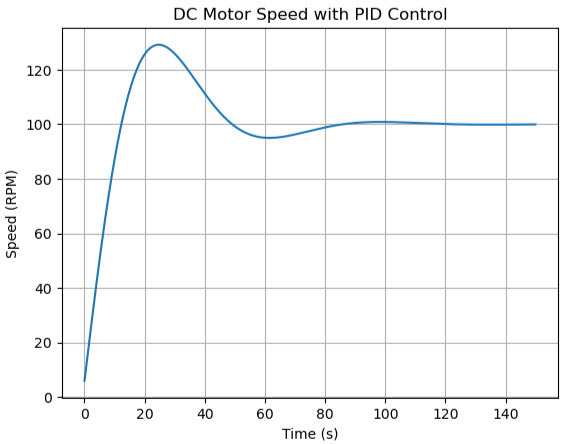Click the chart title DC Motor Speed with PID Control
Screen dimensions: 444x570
click(310, 15)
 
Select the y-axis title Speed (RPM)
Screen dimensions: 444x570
click(12, 213)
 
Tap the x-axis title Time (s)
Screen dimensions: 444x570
click(310, 434)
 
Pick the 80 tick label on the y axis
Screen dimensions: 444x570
click(44, 180)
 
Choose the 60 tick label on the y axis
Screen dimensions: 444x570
click(44, 234)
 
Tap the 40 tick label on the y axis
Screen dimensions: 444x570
click(44, 289)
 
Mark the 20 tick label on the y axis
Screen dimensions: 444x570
click(44, 343)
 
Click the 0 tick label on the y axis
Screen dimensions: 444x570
click(48, 398)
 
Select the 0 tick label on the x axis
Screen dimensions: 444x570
click(84, 413)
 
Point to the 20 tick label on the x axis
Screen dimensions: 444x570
click(145, 413)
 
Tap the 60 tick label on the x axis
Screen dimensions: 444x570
click(265, 413)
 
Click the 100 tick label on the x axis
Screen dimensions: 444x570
click(385, 413)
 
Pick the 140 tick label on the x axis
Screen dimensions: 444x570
click(506, 413)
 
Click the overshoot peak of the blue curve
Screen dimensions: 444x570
click(158, 45)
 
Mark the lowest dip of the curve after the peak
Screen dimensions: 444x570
click(268, 138)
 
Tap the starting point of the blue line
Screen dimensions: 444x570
click(84, 381)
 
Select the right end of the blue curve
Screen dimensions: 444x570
click(536, 125)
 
